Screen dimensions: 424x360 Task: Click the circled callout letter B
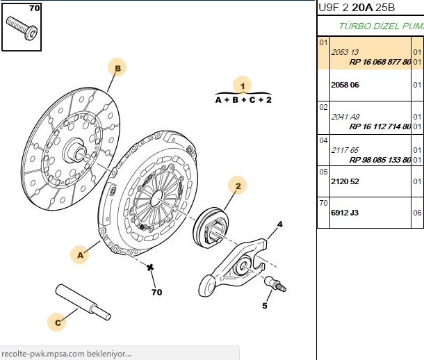117,67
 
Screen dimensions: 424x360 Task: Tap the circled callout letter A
80,254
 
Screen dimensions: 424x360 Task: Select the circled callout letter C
57,322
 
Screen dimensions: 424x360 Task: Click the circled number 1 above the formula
243,85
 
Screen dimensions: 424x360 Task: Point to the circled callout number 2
238,186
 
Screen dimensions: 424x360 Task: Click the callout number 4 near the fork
280,224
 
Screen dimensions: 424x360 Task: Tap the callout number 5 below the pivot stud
265,306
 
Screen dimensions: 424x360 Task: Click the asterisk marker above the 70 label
150,268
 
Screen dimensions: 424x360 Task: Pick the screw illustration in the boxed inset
22,28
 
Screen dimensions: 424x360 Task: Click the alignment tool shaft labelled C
83,302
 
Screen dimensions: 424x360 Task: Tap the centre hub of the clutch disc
76,150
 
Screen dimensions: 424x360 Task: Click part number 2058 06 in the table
345,85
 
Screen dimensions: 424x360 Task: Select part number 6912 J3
345,213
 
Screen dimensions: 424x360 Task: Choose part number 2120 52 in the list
345,181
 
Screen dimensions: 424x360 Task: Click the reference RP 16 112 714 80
380,126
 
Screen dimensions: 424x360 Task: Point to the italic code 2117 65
345,150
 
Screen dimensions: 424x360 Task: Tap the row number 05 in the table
323,172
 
